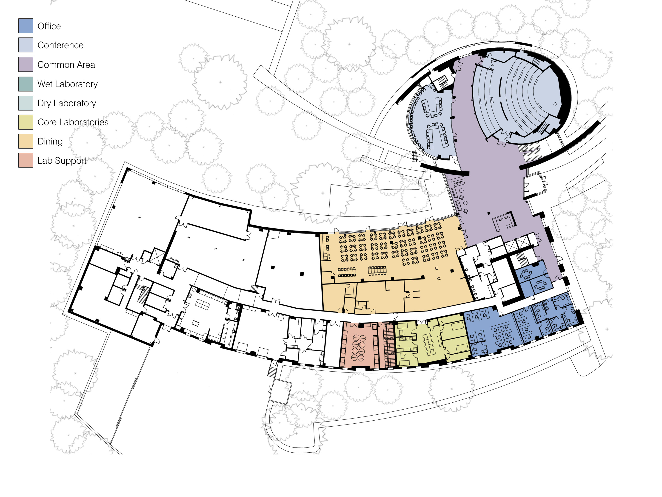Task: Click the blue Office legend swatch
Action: coord(26,26)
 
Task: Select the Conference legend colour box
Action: coord(26,45)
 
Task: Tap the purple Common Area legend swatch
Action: coord(26,64)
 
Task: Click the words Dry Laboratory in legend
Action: coord(66,103)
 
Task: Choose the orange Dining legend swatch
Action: coord(26,141)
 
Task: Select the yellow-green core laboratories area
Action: coord(431,341)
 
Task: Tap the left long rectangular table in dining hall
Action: coord(347,272)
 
